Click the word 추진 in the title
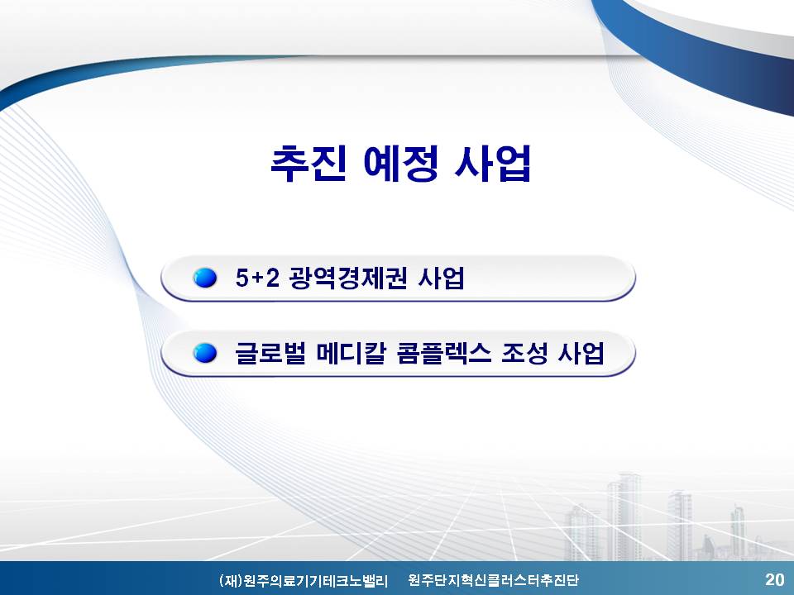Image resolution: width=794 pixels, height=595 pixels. pos(309,163)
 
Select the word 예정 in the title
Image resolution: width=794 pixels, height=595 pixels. pos(401,163)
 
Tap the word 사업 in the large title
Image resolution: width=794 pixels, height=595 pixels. pos(492,163)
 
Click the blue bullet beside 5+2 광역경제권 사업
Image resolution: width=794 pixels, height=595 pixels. pos(204,278)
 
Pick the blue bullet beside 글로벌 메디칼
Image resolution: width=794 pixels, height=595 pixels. pos(204,353)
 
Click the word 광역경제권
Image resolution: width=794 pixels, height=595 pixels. pos(348,278)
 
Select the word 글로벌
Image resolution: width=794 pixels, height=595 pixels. pos(270,353)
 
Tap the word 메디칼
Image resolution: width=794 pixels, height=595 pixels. pos(352,353)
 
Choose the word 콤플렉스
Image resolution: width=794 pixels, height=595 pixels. pos(444,353)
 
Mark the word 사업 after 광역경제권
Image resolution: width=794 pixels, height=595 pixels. pos(441,278)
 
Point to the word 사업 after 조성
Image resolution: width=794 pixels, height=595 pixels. pos(581,353)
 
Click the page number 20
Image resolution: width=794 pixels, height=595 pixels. pos(775,579)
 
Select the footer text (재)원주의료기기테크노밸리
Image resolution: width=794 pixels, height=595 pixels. pos(304,580)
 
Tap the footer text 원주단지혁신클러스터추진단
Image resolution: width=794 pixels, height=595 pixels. pos(493,580)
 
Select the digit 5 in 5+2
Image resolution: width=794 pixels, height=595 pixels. pos(242,278)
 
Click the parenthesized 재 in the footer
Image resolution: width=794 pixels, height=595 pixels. pos(231,580)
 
